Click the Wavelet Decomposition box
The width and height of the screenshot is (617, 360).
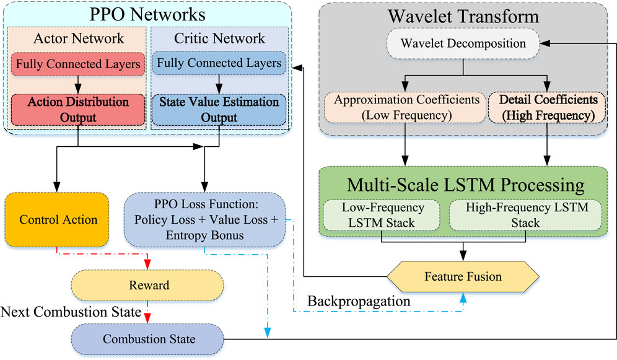463,44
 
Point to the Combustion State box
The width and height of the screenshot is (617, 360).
147,339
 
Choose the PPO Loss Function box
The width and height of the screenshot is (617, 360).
204,219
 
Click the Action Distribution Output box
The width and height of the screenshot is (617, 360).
77,108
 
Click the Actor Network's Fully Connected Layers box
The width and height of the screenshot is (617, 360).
77,64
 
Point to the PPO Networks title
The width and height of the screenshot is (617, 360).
147,14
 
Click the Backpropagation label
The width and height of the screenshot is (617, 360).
359,301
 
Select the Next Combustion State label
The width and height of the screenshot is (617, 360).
72,311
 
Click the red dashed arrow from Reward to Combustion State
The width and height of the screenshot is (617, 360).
147,312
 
